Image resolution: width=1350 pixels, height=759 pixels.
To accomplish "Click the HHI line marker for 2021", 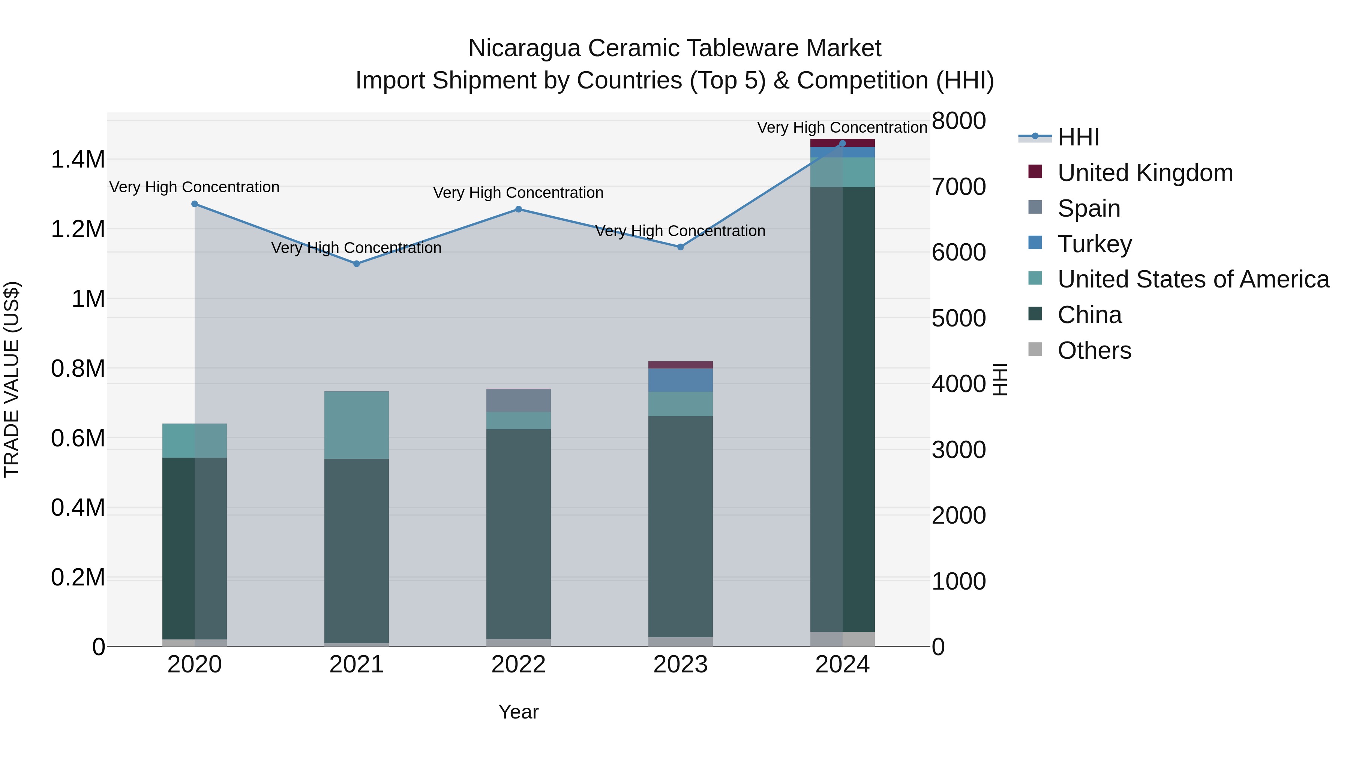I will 356,264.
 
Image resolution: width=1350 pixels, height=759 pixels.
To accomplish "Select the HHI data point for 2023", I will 680,247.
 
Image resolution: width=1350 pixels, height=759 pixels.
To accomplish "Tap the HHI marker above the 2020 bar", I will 194,204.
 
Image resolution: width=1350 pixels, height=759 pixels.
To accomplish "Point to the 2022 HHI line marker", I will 518,209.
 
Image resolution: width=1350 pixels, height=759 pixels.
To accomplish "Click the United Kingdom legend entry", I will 1145,173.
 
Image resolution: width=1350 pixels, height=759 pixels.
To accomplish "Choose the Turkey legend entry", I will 1094,244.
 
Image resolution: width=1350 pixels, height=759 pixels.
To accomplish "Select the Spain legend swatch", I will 1035,207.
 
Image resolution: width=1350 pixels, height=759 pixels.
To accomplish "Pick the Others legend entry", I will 1094,350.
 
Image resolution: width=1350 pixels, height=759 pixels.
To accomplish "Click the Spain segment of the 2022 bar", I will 518,401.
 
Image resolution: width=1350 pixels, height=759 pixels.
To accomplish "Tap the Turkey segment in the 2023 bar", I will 680,380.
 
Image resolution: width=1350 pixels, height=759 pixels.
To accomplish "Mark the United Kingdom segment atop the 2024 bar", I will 842,143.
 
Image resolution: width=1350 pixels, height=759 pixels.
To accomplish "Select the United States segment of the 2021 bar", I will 356,425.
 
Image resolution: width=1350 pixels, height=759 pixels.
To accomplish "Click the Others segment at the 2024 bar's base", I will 842,639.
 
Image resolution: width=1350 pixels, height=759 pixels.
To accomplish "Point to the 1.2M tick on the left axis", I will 78,229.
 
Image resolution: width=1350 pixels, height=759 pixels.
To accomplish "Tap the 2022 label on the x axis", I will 518,665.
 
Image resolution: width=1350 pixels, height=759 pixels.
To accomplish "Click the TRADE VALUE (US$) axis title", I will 12,379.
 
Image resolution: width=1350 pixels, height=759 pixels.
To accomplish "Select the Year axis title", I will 518,712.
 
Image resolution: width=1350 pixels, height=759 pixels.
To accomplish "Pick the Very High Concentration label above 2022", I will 518,193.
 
